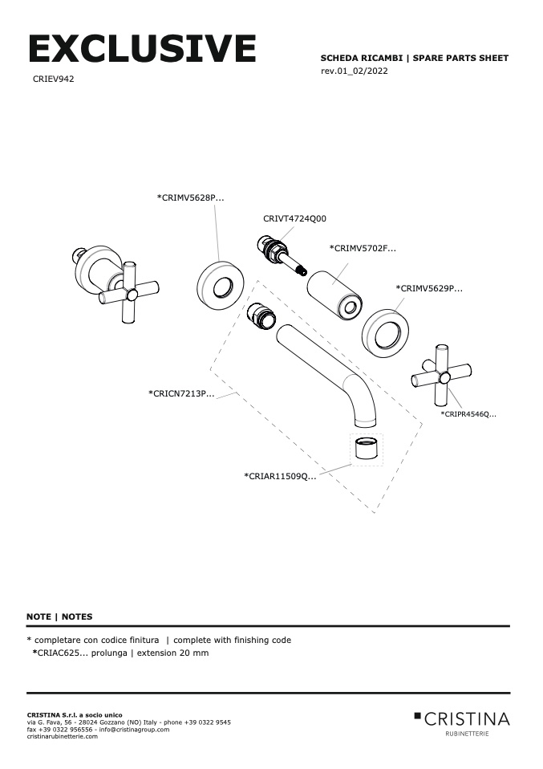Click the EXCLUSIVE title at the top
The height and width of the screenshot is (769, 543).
pyautogui.click(x=142, y=49)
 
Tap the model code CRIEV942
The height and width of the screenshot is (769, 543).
pyautogui.click(x=54, y=79)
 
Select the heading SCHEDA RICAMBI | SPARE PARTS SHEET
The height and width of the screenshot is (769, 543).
pyautogui.click(x=414, y=59)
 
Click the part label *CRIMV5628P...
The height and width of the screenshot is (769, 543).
pyautogui.click(x=190, y=197)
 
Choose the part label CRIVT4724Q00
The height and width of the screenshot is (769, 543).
pyautogui.click(x=294, y=218)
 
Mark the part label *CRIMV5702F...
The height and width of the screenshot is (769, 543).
pyautogui.click(x=363, y=249)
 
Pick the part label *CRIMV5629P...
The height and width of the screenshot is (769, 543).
pyautogui.click(x=429, y=287)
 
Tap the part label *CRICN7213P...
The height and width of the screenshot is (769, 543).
pyautogui.click(x=181, y=393)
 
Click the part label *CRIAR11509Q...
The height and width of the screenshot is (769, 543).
pyautogui.click(x=280, y=476)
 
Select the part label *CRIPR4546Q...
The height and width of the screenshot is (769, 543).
pyautogui.click(x=468, y=413)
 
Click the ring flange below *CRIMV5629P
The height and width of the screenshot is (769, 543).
pyautogui.click(x=385, y=332)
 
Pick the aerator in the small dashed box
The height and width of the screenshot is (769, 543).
pyautogui.click(x=367, y=450)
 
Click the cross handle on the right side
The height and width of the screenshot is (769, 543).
pyautogui.click(x=441, y=374)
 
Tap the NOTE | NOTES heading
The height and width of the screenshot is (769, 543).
pyautogui.click(x=59, y=616)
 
